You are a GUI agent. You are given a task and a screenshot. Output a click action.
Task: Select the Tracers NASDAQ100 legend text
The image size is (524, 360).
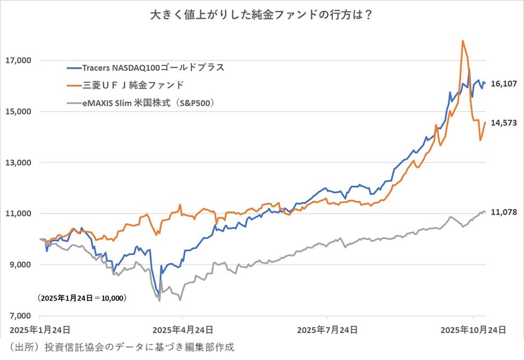point(153,68)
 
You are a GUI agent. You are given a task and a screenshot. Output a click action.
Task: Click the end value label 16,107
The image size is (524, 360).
point(504,84)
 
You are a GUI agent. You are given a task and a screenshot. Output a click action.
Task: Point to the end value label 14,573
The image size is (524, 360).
point(504,123)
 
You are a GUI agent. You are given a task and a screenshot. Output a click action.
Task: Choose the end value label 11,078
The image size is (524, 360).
point(504,212)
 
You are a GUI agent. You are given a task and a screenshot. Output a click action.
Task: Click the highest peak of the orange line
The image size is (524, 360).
point(462,41)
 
